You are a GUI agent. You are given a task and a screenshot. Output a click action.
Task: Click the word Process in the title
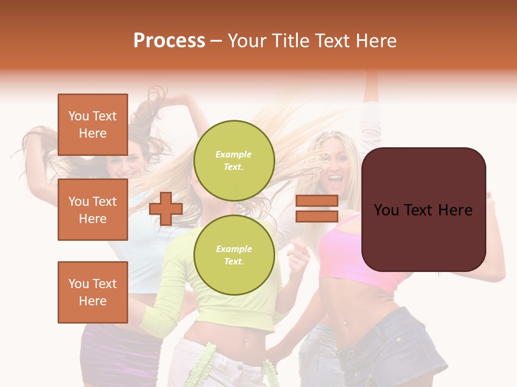coord(169,41)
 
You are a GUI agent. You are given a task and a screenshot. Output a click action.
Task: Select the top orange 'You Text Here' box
coord(93,125)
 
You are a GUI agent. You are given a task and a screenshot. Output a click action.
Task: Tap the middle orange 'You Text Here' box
coord(93,210)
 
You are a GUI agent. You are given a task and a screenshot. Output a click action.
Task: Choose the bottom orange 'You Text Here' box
coord(93,292)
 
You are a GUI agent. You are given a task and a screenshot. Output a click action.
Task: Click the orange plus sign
coord(166,209)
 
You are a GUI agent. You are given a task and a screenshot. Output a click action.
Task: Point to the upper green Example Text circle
coord(234,160)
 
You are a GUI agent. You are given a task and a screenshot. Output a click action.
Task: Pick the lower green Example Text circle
coord(234,255)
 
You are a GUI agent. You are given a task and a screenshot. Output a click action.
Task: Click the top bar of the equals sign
coord(317,201)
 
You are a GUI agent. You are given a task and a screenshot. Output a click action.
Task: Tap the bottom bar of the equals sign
coord(317,217)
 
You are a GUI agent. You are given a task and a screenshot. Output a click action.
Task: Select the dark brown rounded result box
coord(423,210)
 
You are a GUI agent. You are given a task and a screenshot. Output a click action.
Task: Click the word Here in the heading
coord(377,41)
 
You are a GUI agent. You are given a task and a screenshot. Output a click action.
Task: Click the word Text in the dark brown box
coord(423,210)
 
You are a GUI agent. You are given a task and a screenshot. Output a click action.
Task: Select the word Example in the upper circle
coord(233,154)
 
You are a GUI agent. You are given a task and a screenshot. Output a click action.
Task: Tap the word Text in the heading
coord(334,41)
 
